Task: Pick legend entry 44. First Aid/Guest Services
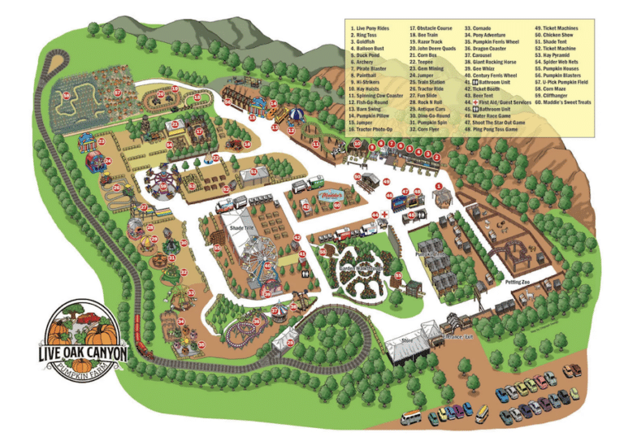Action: (500, 102)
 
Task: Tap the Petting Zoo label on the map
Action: (517, 281)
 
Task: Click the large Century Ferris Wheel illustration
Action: (255, 262)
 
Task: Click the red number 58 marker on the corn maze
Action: (66, 95)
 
